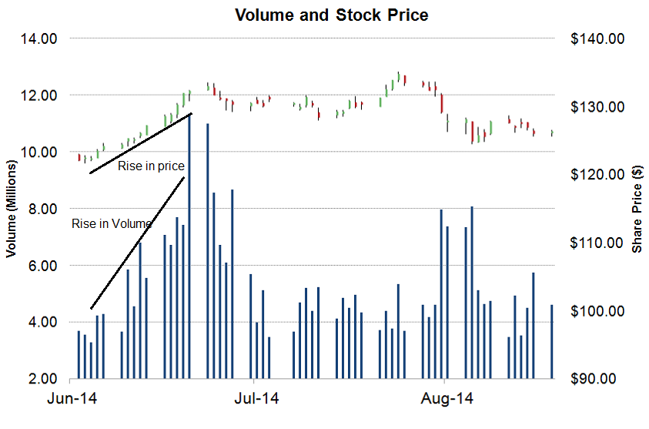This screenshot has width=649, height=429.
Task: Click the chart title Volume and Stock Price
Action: [331, 15]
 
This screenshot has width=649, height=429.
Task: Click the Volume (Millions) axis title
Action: [12, 209]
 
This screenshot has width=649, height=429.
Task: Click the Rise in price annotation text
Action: [151, 166]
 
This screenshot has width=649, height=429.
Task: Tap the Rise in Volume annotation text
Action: [111, 224]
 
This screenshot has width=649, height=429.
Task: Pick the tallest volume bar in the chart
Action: [189, 246]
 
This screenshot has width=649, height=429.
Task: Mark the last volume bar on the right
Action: [552, 342]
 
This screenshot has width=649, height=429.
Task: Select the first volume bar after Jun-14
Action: [79, 355]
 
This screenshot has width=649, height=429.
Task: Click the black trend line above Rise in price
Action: [141, 143]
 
